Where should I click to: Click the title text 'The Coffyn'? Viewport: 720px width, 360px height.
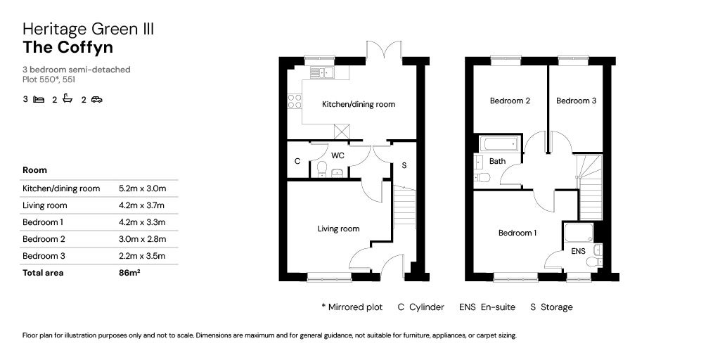pos(67,48)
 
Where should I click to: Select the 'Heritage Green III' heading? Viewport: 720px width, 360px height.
pos(88,29)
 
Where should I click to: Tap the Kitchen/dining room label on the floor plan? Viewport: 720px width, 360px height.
pos(358,104)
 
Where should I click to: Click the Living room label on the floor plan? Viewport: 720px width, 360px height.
pos(338,229)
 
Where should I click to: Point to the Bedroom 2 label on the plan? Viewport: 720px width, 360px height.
pos(510,101)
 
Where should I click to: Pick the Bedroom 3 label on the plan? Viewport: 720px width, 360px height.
pos(576,101)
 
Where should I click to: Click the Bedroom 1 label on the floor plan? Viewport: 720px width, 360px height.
pos(517,233)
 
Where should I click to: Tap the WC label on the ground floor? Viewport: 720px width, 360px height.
pos(337,155)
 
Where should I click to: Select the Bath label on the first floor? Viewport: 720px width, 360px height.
pos(497,161)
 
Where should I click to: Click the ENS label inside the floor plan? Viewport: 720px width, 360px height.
pos(578,250)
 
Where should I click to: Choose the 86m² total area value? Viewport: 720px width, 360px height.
pos(129,273)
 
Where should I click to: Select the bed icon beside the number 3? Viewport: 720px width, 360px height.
pos(39,100)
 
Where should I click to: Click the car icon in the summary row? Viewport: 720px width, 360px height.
pos(96,100)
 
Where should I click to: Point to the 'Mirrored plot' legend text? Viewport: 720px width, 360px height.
pos(356,307)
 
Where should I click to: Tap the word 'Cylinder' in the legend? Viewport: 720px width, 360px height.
pos(427,307)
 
